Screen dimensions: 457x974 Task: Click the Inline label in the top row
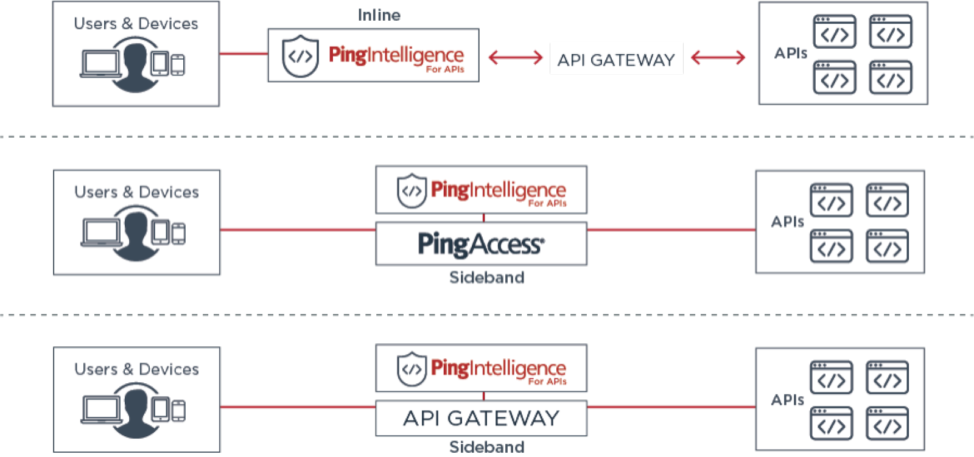pyautogui.click(x=379, y=15)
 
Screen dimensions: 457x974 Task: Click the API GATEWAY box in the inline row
pyautogui.click(x=616, y=59)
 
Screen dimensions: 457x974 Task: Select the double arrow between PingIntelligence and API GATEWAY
pyautogui.click(x=515, y=57)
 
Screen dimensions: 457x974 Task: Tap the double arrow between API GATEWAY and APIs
pyautogui.click(x=718, y=57)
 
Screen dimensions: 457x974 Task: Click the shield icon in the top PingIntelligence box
pyautogui.click(x=300, y=56)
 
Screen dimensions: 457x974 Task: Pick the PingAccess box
pyautogui.click(x=481, y=244)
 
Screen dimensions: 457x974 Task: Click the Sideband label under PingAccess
pyautogui.click(x=486, y=277)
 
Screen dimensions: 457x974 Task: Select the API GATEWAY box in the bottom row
pyautogui.click(x=481, y=418)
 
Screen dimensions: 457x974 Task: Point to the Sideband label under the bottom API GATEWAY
pyautogui.click(x=486, y=447)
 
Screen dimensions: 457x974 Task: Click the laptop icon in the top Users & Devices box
pyautogui.click(x=100, y=64)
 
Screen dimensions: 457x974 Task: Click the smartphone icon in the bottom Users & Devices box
pyautogui.click(x=178, y=411)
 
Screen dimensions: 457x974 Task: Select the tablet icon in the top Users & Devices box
pyautogui.click(x=159, y=63)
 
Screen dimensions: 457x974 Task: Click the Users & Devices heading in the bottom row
pyautogui.click(x=136, y=369)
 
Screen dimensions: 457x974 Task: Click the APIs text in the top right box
pyautogui.click(x=790, y=54)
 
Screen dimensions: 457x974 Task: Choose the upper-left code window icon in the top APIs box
pyautogui.click(x=834, y=32)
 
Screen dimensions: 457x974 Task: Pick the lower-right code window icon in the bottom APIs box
pyautogui.click(x=887, y=424)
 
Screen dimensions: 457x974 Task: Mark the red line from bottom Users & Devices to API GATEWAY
pyautogui.click(x=298, y=407)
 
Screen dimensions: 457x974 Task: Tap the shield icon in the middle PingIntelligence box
pyautogui.click(x=412, y=191)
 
